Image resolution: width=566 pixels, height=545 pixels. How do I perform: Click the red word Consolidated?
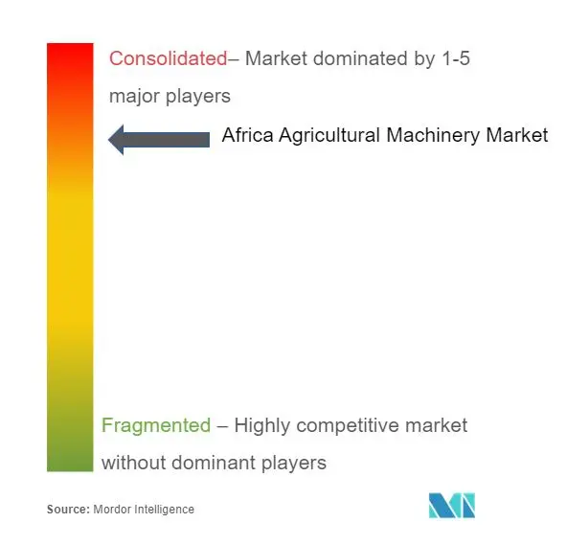click(x=169, y=58)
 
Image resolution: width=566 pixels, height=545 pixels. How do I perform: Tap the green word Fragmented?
click(x=156, y=425)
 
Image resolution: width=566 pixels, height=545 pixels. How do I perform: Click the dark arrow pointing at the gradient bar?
click(x=159, y=140)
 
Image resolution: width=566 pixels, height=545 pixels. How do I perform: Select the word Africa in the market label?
click(x=248, y=135)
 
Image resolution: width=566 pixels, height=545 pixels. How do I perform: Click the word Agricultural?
click(x=329, y=136)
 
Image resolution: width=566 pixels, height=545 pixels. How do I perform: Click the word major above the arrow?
click(x=134, y=97)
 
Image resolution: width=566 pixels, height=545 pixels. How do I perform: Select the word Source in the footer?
click(x=68, y=510)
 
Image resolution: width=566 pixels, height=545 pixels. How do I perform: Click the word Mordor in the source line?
click(x=112, y=510)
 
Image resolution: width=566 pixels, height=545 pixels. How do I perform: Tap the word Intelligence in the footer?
click(x=164, y=510)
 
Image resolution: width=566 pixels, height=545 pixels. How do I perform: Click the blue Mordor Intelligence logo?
click(x=452, y=506)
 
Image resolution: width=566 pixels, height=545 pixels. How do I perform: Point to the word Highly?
click(x=262, y=426)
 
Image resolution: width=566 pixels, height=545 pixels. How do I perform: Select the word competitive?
click(x=348, y=426)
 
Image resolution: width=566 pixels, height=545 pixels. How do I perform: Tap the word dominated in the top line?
click(x=360, y=58)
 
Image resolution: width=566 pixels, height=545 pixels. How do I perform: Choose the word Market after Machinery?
click(x=517, y=135)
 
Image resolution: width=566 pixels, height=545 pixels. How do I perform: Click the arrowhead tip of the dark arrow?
click(x=108, y=140)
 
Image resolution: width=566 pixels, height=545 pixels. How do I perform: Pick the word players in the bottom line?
click(x=294, y=464)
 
